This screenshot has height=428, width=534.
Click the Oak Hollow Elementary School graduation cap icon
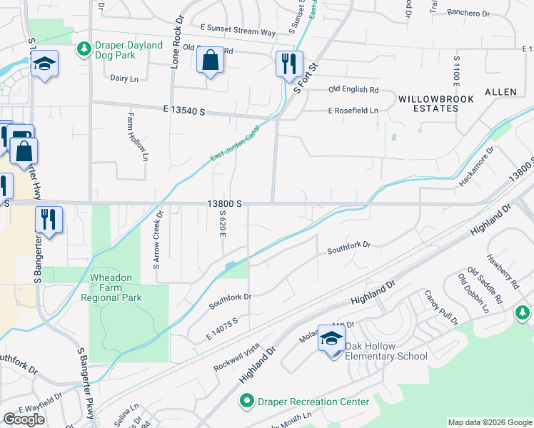(x=331, y=338)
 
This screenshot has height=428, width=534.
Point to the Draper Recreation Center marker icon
(x=247, y=402)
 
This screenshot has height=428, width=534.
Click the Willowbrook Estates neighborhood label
(x=428, y=103)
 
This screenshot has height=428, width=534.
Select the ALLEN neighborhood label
(x=500, y=93)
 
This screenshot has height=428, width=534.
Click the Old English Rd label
(x=353, y=89)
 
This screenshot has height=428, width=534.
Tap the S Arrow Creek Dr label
(x=158, y=239)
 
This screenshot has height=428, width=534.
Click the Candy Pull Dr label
(x=441, y=307)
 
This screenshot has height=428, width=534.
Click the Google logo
(x=24, y=419)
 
